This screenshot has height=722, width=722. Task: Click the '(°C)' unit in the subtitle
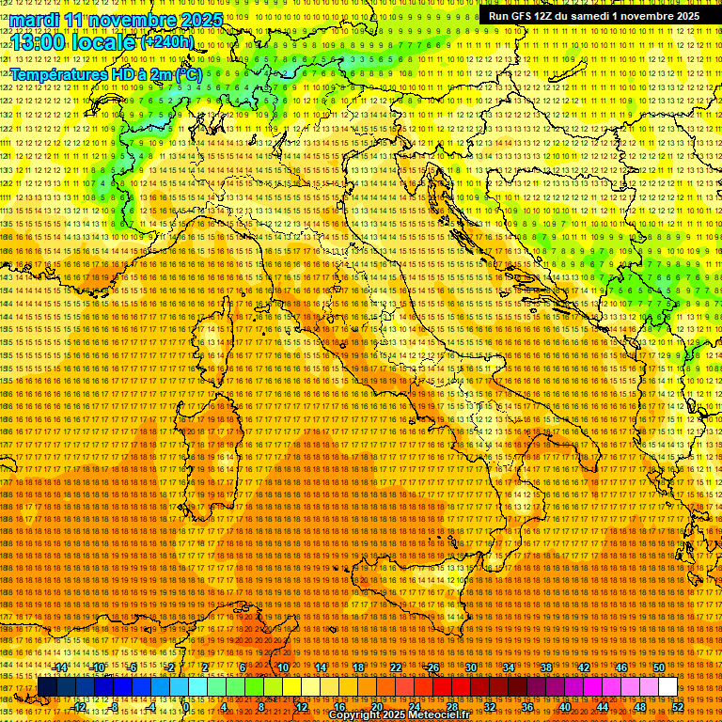click(187, 74)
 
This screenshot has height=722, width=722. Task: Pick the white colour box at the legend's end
click(667, 687)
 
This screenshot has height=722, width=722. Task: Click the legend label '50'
click(659, 667)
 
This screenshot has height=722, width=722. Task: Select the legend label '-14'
click(60, 667)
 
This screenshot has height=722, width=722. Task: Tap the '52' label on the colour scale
click(677, 707)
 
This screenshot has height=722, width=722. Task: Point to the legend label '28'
click(451, 707)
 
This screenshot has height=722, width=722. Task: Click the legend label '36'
click(526, 707)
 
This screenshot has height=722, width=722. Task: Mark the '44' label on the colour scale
click(602, 707)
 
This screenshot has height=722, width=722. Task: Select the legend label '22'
click(396, 667)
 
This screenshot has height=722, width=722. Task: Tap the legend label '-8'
click(115, 707)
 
